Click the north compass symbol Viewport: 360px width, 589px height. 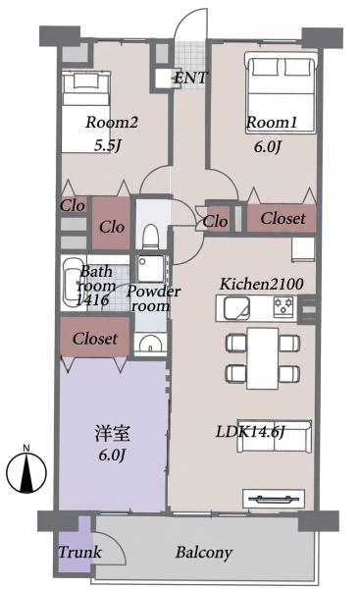point(26,469)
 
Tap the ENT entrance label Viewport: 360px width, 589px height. point(191,79)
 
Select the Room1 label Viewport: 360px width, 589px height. point(272,122)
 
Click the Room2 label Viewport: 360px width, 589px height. point(112,122)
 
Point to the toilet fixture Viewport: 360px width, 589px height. point(151,237)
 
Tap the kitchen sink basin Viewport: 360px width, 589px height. point(236,308)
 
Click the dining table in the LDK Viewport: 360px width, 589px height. point(263,358)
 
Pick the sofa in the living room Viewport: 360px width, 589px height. point(274,437)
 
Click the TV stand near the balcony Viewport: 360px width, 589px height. point(274,499)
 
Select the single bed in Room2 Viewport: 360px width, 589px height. point(85,112)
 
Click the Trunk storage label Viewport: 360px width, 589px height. point(79,552)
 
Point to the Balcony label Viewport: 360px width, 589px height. point(204,553)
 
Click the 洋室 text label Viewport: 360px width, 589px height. point(112,433)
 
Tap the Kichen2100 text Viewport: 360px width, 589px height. point(261,284)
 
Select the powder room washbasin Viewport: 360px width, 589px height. point(150,344)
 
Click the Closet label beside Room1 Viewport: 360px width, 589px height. point(283,218)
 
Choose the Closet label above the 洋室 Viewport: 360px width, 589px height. point(94,339)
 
